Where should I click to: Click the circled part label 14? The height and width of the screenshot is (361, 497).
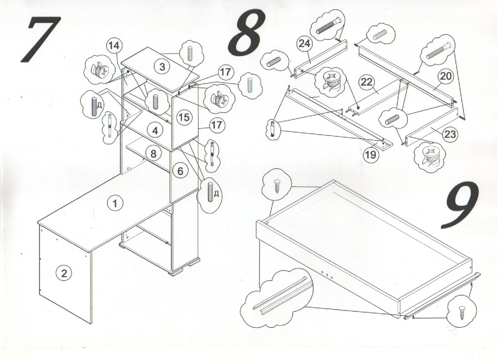click(113, 46)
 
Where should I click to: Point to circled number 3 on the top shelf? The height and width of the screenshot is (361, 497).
click(162, 66)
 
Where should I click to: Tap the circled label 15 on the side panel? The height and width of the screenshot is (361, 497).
click(184, 117)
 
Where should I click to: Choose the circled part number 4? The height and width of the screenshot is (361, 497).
click(155, 130)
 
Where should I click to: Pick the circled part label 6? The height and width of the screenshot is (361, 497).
click(180, 171)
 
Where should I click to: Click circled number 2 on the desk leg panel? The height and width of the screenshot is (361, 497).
click(64, 273)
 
